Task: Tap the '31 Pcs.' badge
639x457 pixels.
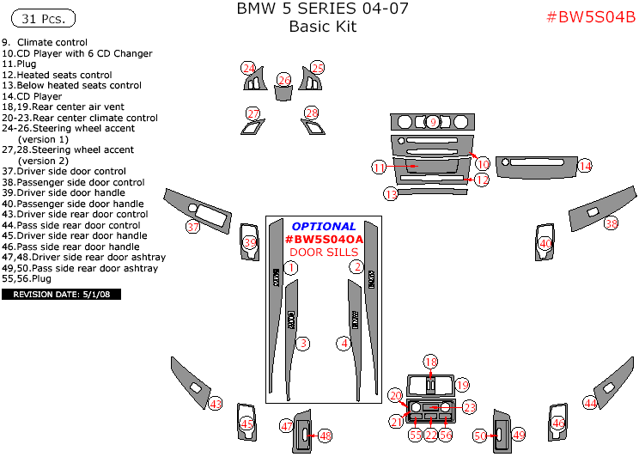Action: pyautogui.click(x=40, y=18)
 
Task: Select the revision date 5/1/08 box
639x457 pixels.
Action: pyautogui.click(x=61, y=294)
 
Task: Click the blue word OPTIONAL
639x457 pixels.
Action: pyautogui.click(x=324, y=226)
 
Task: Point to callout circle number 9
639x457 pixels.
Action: pyautogui.click(x=433, y=122)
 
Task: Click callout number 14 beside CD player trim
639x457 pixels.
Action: pyautogui.click(x=585, y=166)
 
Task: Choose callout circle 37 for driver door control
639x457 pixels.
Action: pyautogui.click(x=193, y=227)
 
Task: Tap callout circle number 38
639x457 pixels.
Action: pyautogui.click(x=611, y=223)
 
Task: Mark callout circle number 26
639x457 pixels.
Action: pyautogui.click(x=283, y=80)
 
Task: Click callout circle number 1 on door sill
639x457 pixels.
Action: pyautogui.click(x=291, y=268)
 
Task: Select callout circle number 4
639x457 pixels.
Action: pyautogui.click(x=344, y=343)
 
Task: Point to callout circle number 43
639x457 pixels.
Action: pyautogui.click(x=216, y=404)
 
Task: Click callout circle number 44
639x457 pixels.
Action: pyautogui.click(x=589, y=402)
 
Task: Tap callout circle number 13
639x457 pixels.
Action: pyautogui.click(x=391, y=195)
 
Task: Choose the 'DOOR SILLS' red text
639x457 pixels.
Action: pyautogui.click(x=325, y=252)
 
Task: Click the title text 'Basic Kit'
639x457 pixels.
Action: pyautogui.click(x=322, y=27)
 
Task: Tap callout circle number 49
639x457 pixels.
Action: pyautogui.click(x=518, y=436)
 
